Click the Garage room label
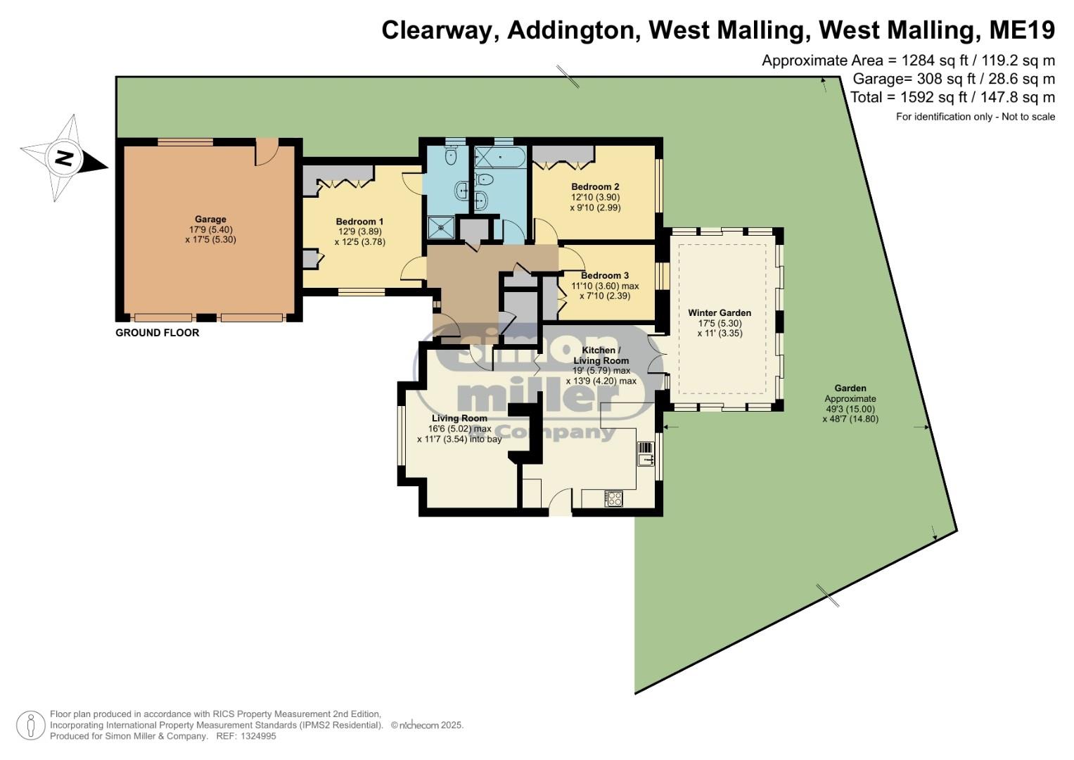pyautogui.click(x=210, y=220)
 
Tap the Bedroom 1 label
pyautogui.click(x=359, y=221)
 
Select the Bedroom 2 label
pyautogui.click(x=595, y=186)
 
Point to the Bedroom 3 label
pyautogui.click(x=605, y=275)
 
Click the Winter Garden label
pyautogui.click(x=720, y=313)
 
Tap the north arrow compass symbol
pyautogui.click(x=64, y=158)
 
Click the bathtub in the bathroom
pyautogui.click(x=500, y=157)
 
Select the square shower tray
pyautogui.click(x=440, y=227)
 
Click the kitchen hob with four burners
pyautogui.click(x=614, y=498)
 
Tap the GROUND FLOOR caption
pyautogui.click(x=158, y=332)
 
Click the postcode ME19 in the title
pyautogui.click(x=1022, y=30)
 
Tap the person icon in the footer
pyautogui.click(x=31, y=725)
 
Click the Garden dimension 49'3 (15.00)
pyautogui.click(x=850, y=409)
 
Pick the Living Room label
pyautogui.click(x=459, y=418)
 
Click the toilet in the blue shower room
pyautogui.click(x=451, y=154)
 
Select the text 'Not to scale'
pyautogui.click(x=1028, y=117)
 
